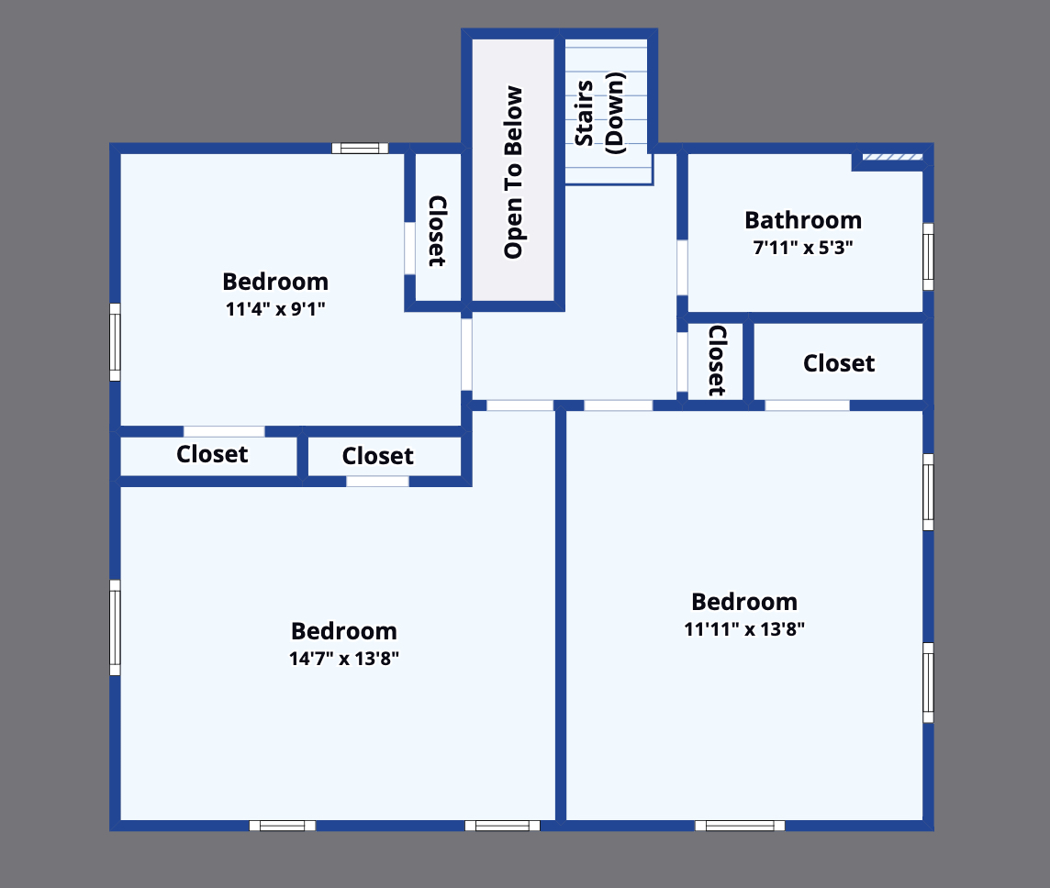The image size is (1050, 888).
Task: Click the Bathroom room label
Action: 803,220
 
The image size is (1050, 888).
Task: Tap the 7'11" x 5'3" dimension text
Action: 803,248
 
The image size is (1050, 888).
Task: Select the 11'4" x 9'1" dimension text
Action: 275,309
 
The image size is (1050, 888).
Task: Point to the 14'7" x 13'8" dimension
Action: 344,658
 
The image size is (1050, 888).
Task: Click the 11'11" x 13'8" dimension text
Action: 744,629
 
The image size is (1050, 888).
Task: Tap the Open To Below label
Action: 514,172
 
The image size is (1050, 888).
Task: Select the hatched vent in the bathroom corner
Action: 891,158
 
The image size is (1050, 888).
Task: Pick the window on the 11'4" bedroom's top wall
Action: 360,148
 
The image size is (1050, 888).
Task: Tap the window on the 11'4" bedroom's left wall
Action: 115,341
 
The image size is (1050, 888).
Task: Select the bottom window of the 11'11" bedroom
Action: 740,826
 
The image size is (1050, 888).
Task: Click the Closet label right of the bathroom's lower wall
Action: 839,363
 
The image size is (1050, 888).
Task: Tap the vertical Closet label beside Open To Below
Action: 438,230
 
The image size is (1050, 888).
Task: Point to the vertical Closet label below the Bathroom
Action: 718,360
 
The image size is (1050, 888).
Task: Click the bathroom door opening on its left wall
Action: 682,267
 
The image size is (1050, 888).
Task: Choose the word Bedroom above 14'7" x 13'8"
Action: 344,631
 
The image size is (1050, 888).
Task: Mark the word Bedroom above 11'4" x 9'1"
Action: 275,282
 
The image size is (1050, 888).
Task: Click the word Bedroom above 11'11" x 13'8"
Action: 744,602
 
